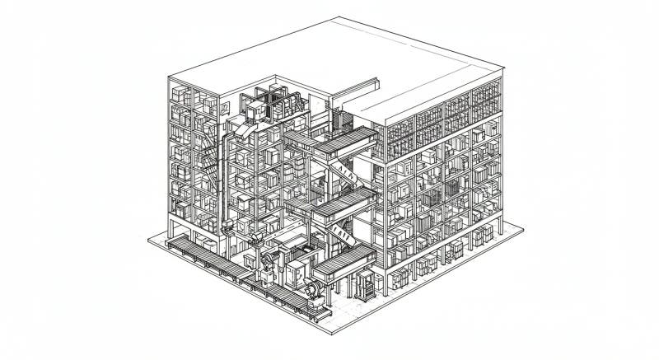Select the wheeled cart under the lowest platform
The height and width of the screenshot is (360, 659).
tap(363, 287)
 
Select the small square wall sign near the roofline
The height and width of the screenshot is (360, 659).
tap(223, 107)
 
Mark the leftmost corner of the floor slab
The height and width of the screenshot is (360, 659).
tap(147, 240)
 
